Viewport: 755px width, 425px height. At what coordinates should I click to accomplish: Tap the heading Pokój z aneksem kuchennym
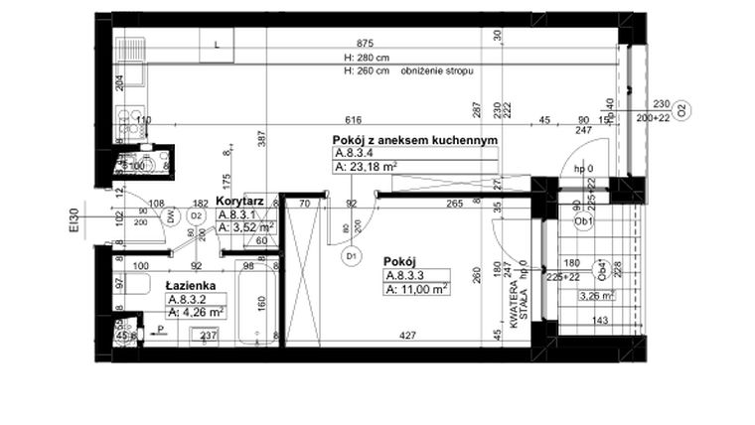tap(414, 141)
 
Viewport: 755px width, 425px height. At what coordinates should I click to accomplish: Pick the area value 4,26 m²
tap(197, 311)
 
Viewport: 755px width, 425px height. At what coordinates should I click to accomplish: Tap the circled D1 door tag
tap(350, 257)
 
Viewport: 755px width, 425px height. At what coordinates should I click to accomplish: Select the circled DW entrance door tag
tap(171, 215)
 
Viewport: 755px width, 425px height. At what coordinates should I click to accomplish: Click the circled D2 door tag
tap(197, 215)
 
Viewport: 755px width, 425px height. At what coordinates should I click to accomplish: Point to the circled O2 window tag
tap(681, 111)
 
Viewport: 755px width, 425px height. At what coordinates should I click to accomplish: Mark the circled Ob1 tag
tap(585, 221)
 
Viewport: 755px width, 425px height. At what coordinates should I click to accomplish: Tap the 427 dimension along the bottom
tap(406, 335)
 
